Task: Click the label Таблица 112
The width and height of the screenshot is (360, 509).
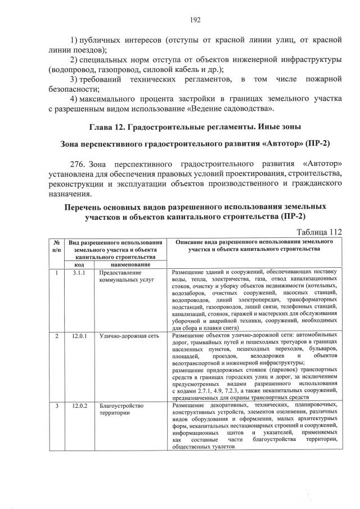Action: (x=319, y=231)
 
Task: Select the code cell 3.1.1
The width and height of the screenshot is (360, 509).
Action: (x=79, y=273)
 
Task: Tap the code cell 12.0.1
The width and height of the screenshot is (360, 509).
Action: (x=79, y=336)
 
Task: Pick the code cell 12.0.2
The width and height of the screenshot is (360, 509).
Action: (x=79, y=406)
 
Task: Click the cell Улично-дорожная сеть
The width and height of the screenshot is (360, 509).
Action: (x=121, y=336)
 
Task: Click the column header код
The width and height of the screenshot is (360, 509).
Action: (x=79, y=264)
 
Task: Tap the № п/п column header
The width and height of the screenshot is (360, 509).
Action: (x=56, y=245)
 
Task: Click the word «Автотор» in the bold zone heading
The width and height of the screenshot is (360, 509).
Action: (x=281, y=143)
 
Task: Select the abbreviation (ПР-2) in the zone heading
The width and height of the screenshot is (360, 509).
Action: (x=316, y=143)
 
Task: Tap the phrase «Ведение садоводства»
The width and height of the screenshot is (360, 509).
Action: (x=231, y=108)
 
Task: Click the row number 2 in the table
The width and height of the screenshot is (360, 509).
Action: (x=56, y=336)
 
